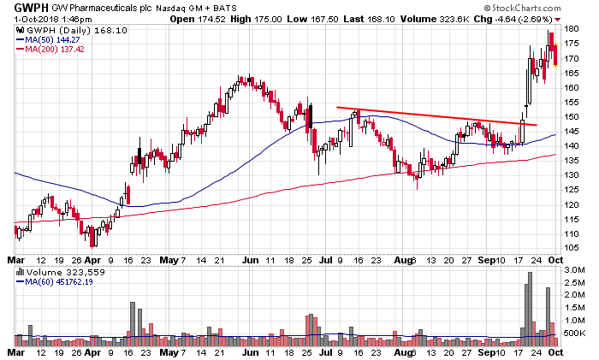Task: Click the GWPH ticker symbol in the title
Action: (x=32, y=7)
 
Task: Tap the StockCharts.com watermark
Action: (x=522, y=8)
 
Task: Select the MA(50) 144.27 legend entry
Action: (x=48, y=39)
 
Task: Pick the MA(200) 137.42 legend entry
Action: (x=50, y=50)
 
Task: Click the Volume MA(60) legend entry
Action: (x=55, y=281)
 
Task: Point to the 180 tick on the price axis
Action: (x=572, y=29)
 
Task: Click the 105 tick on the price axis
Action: (x=572, y=248)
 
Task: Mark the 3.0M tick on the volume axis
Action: (x=574, y=270)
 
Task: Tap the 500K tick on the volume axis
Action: (x=574, y=333)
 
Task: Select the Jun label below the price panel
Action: (x=250, y=260)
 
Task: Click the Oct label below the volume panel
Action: (x=556, y=352)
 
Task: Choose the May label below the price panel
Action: (x=169, y=260)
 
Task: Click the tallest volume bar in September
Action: (x=530, y=309)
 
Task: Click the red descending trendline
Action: (x=436, y=116)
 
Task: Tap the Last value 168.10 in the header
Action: (x=382, y=19)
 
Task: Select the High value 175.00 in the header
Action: (x=269, y=19)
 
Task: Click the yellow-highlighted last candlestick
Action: (x=555, y=55)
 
